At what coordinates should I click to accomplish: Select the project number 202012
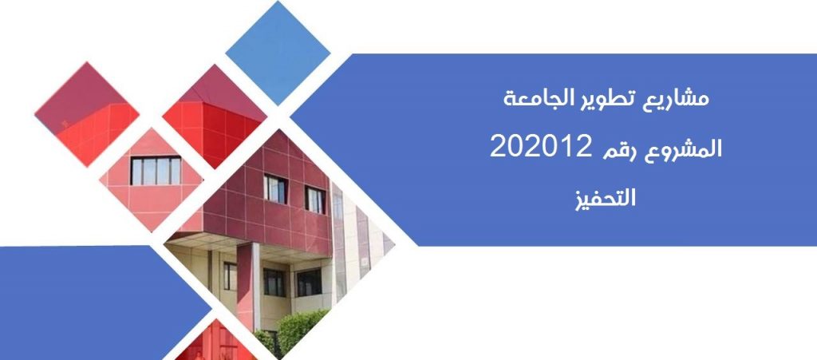click(540, 147)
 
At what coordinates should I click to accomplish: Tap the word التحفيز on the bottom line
click(606, 199)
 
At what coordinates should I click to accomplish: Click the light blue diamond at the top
click(278, 53)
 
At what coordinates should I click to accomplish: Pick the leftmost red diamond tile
click(86, 114)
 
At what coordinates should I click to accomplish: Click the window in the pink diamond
click(156, 170)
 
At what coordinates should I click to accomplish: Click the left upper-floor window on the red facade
click(275, 188)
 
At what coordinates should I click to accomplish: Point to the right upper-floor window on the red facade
click(315, 200)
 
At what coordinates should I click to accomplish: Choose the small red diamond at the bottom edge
click(215, 342)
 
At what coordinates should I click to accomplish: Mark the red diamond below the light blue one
click(215, 117)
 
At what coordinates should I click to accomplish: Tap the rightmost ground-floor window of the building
click(309, 283)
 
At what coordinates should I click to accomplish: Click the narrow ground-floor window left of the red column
click(230, 276)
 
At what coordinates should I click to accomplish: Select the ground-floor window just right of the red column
click(274, 283)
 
